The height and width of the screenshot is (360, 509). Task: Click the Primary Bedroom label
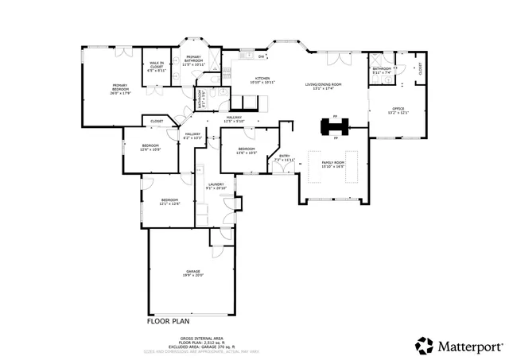click(121, 87)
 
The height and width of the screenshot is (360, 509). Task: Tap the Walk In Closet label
click(156, 67)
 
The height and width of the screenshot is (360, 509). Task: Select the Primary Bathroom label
click(192, 60)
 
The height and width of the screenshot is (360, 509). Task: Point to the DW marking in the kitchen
click(262, 57)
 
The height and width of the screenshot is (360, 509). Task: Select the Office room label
click(398, 110)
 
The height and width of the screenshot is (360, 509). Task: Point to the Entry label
click(284, 158)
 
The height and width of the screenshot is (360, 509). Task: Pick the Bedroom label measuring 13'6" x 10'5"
click(247, 150)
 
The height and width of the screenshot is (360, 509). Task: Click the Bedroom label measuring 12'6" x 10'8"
click(150, 148)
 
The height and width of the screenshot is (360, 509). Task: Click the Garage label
click(193, 273)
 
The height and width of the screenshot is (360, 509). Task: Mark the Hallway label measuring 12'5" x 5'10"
click(234, 119)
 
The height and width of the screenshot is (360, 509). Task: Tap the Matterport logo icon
click(424, 346)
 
